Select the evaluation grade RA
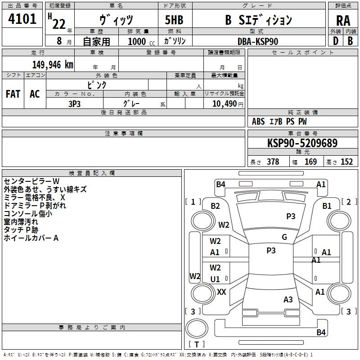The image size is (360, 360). pos(343,20)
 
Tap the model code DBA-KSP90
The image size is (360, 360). pos(258,41)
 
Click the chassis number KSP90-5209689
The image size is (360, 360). pos(302,143)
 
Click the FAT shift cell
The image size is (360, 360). pos(13,94)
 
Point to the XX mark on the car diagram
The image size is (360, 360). pos(221,292)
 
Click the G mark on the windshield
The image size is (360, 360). pos(284,237)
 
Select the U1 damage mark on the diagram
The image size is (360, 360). pos(216,279)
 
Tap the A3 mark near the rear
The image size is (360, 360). pos(288,299)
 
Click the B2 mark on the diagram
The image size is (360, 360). pos(216,206)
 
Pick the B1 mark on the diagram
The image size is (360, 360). pos(327,206)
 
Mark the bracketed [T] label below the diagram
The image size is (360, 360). pos(196,344)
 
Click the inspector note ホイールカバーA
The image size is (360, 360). pos(31,238)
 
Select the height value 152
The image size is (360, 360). pos(346,162)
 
